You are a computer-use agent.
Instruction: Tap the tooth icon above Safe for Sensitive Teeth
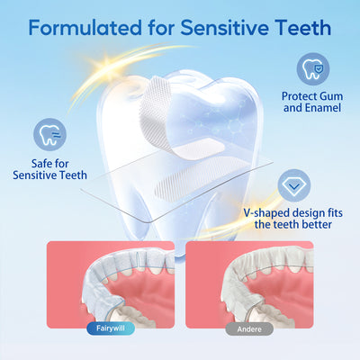[49, 136]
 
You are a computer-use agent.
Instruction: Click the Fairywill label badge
[111, 328]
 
